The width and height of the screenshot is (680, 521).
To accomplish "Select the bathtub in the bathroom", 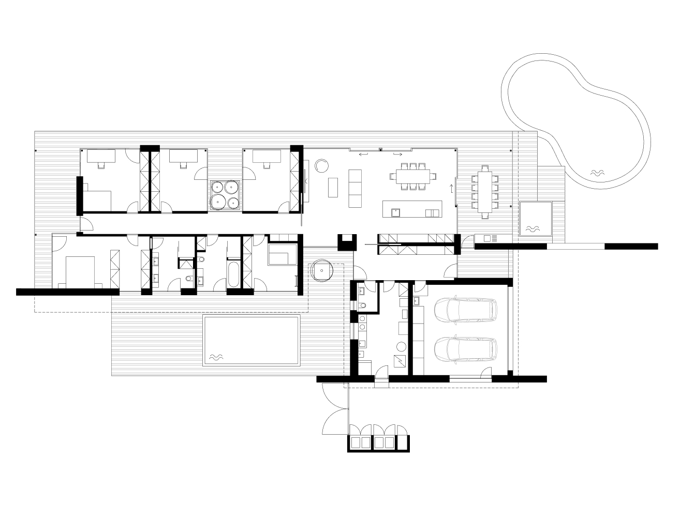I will (233, 275).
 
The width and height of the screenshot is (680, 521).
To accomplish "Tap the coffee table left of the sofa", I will (332, 188).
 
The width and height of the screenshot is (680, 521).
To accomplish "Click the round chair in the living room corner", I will (321, 165).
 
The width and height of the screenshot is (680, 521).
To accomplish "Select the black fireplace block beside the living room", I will (346, 241).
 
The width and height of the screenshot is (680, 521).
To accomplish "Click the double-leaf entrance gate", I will (335, 411).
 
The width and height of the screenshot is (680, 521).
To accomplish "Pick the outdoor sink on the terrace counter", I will (486, 238).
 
